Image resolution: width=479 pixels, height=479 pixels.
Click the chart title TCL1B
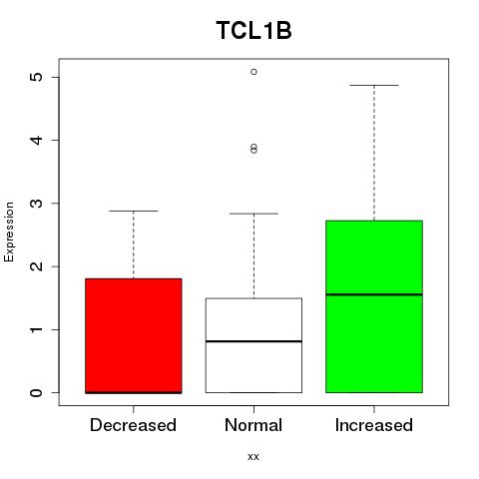[253, 31]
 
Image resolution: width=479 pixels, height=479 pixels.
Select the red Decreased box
[134, 336]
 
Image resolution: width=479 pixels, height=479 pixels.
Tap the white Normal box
[253, 345]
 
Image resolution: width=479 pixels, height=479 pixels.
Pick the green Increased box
[374, 306]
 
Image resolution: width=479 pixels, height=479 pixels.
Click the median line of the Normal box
[253, 341]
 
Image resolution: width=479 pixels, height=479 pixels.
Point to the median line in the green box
[374, 294]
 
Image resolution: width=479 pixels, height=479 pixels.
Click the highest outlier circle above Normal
[254, 72]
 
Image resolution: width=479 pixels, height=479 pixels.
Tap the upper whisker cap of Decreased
[134, 211]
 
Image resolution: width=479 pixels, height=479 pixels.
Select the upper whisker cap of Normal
[253, 214]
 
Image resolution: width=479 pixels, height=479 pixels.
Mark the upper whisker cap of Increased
[374, 85]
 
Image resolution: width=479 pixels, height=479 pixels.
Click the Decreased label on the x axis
[133, 425]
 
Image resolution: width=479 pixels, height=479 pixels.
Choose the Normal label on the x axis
[253, 425]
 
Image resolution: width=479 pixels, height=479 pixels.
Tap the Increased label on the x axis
[374, 425]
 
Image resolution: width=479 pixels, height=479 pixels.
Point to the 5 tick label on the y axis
[37, 77]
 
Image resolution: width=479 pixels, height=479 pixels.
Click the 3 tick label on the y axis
[37, 204]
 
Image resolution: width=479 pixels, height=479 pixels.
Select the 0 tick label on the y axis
[37, 393]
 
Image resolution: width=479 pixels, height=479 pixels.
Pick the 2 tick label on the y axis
[37, 266]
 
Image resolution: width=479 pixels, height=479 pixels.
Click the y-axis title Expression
[9, 233]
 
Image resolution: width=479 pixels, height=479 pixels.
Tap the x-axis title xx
[253, 457]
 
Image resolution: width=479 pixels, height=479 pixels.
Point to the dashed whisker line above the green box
[374, 153]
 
